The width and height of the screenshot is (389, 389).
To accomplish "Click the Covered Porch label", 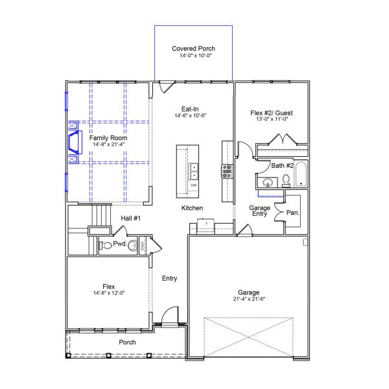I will click(x=193, y=49).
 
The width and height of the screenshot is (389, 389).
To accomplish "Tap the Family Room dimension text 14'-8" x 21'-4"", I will click(x=109, y=145).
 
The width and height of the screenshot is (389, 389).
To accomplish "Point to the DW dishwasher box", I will click(x=193, y=186).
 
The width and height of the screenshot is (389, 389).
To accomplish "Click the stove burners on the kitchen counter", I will click(x=227, y=171).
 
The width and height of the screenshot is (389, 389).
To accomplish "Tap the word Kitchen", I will click(x=193, y=208).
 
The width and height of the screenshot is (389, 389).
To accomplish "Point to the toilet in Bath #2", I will click(x=285, y=181).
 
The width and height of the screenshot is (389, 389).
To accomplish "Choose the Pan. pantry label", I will click(x=292, y=213).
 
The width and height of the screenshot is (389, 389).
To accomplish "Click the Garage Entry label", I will click(x=260, y=211).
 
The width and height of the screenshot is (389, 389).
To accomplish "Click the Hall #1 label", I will click(x=131, y=218).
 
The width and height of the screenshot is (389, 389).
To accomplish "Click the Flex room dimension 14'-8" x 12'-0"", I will click(x=109, y=292).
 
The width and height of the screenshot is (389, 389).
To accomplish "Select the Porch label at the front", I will click(x=127, y=342).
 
